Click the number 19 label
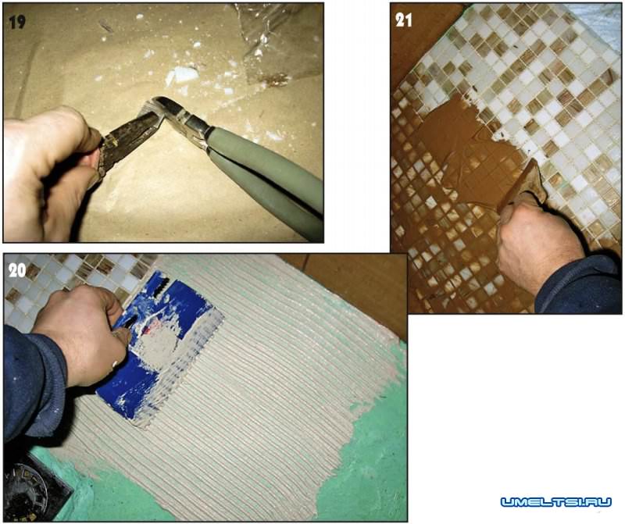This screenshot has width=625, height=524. (x=17, y=23)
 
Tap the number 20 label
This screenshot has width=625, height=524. (x=17, y=271)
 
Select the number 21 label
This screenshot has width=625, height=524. (x=404, y=20)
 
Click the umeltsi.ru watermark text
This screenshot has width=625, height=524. (x=555, y=501)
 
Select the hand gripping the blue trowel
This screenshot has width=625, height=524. (x=84, y=335)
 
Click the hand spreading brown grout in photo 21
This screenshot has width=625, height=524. (x=538, y=243)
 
